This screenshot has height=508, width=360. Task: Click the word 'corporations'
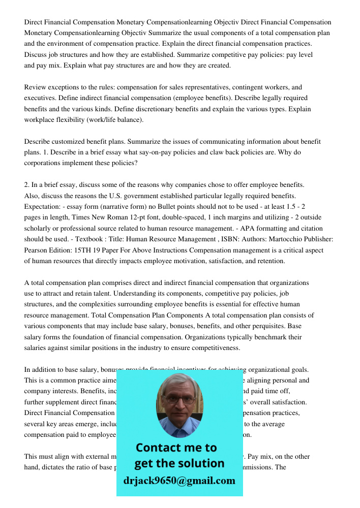[x=44, y=164]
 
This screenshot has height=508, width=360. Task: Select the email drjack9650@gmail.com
[x=179, y=481]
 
